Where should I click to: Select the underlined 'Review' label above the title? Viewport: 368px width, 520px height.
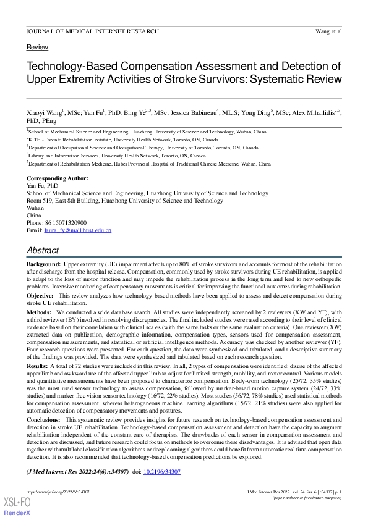37,48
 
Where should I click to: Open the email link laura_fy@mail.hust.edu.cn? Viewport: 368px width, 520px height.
77,230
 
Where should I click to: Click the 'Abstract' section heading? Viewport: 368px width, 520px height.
43,250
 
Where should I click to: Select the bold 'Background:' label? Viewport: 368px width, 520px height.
43,264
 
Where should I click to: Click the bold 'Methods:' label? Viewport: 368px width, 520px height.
40,312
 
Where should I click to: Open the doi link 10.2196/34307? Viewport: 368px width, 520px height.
162,472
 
